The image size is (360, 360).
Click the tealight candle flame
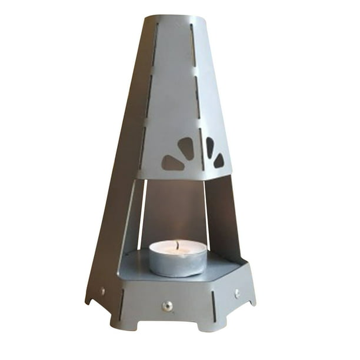click(x=177, y=243)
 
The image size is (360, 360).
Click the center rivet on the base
click(x=168, y=305)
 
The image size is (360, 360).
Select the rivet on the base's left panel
click(x=102, y=291)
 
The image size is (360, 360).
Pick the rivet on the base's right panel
click(x=237, y=292)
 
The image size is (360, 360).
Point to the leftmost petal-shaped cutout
click(x=173, y=163)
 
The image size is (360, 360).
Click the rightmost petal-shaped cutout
click(x=218, y=159)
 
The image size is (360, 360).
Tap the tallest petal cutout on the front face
click(x=186, y=148)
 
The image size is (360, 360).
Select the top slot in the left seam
click(x=155, y=44)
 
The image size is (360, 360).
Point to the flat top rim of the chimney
click(x=174, y=18)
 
